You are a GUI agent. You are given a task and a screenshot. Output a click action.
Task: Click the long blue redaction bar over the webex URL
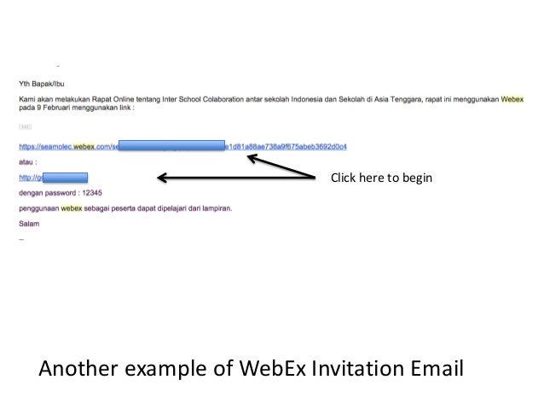pyautogui.click(x=171, y=146)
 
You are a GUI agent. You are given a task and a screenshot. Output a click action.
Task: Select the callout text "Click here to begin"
pyautogui.click(x=381, y=178)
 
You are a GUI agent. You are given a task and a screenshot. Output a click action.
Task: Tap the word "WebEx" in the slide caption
pyautogui.click(x=270, y=370)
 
